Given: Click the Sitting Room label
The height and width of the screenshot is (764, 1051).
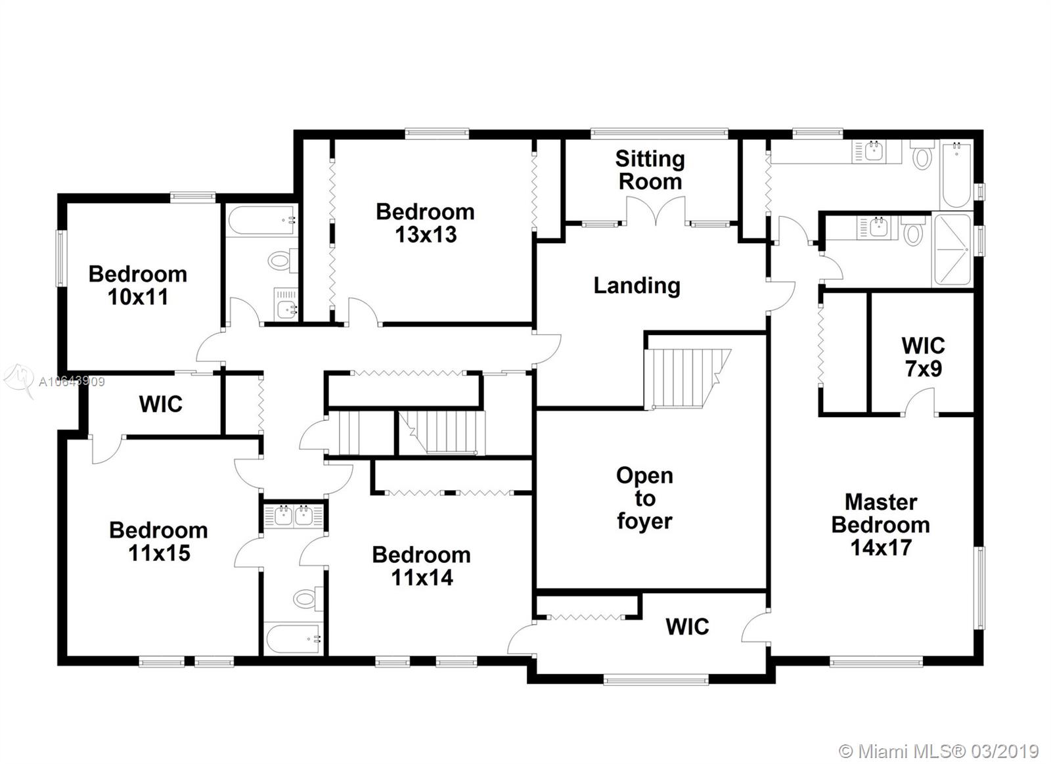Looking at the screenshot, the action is (x=650, y=170).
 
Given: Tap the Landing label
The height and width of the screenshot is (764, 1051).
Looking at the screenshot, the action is (x=637, y=286).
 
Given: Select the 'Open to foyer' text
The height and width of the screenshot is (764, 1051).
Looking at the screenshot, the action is (x=644, y=499).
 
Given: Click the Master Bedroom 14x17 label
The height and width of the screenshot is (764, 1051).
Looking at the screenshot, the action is (x=881, y=525).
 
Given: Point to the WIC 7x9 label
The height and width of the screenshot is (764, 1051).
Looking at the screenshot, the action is (x=923, y=357).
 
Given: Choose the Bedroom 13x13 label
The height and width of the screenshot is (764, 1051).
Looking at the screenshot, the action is (x=425, y=223).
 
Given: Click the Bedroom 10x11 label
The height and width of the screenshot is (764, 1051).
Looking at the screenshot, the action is (x=137, y=285).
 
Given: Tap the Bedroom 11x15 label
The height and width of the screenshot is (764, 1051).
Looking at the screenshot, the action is (x=158, y=542).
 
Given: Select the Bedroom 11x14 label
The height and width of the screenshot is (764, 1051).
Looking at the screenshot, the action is (x=421, y=566).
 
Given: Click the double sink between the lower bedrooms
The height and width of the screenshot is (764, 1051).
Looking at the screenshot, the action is (x=293, y=516).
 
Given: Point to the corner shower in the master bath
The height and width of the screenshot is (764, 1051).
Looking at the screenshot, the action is (x=952, y=250).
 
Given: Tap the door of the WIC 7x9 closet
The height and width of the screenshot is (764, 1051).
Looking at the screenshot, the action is (x=920, y=402).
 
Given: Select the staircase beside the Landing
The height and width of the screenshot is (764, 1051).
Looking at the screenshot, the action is (x=686, y=378).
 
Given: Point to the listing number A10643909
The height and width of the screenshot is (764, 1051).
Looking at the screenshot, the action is (x=72, y=382).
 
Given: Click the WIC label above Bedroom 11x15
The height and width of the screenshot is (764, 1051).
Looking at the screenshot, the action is (x=160, y=404).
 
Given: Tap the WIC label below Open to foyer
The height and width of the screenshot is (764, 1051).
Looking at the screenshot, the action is (x=687, y=627).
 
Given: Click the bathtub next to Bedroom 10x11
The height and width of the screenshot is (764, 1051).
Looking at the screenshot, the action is (x=262, y=219).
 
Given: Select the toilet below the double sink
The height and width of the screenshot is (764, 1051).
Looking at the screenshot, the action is (x=308, y=599).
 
